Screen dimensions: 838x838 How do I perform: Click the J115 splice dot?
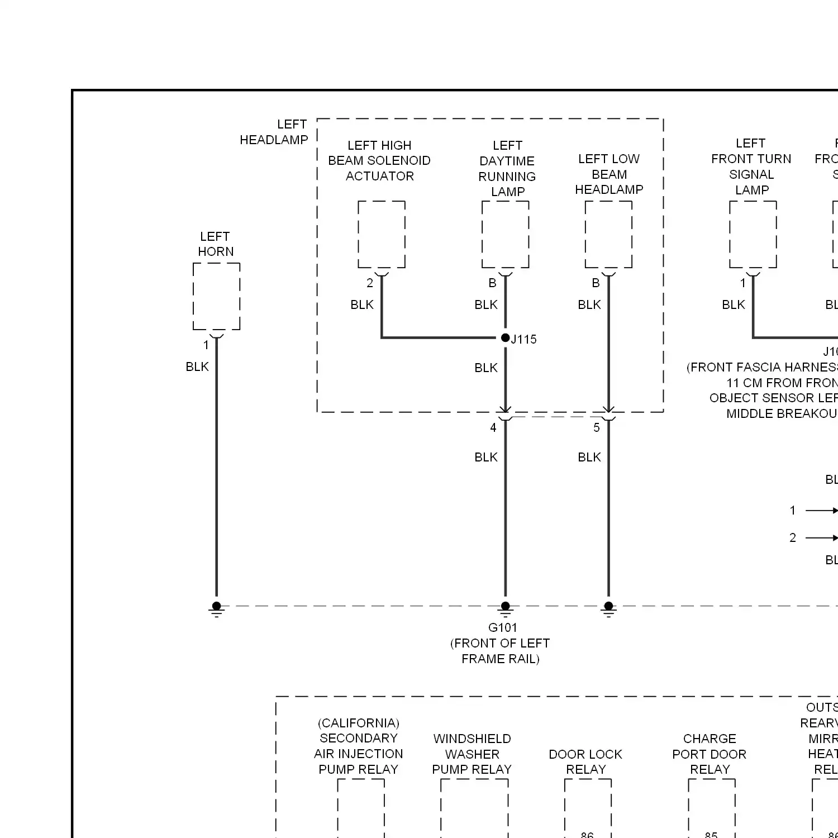tap(505, 337)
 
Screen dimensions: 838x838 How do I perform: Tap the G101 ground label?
tap(502, 627)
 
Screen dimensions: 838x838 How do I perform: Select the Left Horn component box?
tap(216, 296)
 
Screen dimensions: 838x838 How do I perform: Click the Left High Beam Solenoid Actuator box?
tap(381, 235)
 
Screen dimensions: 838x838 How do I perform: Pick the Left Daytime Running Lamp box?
tap(505, 235)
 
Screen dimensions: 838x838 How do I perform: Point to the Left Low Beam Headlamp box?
tap(608, 235)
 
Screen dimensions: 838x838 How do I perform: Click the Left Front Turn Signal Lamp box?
tap(753, 235)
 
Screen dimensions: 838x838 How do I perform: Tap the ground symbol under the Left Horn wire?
tap(216, 609)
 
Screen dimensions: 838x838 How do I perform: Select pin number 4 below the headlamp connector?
tap(493, 427)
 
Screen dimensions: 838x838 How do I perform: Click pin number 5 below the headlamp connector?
tap(596, 427)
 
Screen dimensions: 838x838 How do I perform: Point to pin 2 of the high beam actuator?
tap(369, 283)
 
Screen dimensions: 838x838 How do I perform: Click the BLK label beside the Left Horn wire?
tap(197, 366)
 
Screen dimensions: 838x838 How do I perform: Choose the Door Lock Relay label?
tap(585, 761)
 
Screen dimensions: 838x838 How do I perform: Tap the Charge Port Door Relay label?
tap(710, 754)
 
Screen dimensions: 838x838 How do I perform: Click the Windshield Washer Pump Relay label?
tap(472, 754)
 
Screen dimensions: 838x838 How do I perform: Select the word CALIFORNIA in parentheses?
tap(359, 723)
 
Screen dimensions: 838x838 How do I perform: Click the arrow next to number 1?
tap(821, 510)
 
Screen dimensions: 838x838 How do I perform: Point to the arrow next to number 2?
tap(821, 537)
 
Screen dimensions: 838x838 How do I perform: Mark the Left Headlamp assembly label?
tap(274, 132)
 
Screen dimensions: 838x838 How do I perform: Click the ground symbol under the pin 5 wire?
tap(608, 609)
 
